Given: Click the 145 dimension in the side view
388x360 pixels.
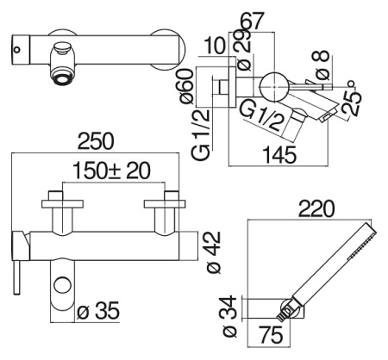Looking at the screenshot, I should point(276,156).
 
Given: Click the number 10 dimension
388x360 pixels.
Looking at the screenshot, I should point(218,45).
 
